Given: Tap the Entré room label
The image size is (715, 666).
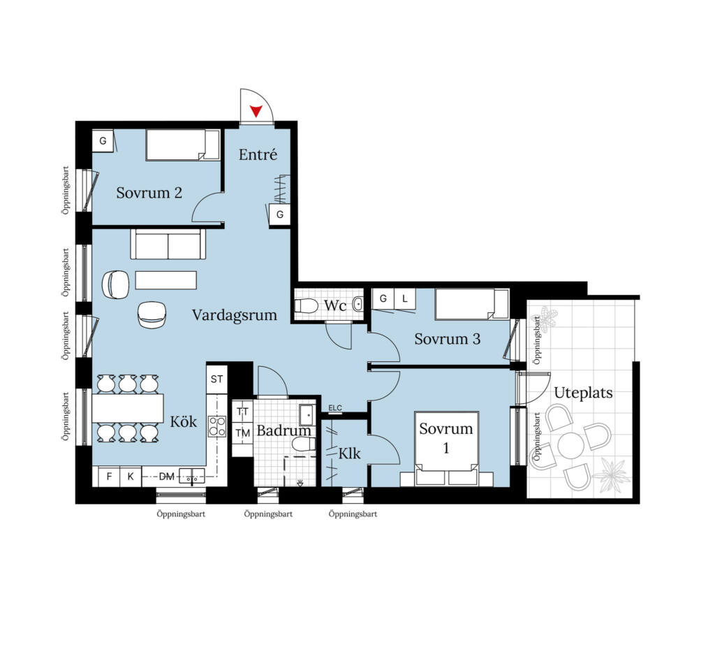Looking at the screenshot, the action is [258, 154].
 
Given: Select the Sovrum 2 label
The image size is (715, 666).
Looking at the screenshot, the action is [149, 193].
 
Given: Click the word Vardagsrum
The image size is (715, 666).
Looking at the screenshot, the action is [235, 315].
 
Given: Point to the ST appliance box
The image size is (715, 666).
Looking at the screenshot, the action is [216, 379].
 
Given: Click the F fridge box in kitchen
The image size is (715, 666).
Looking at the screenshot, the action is [109, 477].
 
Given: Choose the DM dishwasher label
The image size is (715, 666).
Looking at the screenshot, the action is [166, 477].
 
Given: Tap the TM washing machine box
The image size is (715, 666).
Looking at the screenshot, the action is [242, 433].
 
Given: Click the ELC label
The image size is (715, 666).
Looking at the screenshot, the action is [335, 408].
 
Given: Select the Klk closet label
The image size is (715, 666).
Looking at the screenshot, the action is [349, 454].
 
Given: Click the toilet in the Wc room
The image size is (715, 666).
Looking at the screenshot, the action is [307, 305].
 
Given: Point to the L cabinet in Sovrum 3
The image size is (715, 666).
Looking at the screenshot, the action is [404, 298].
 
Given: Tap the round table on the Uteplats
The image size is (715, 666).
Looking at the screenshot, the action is [570, 445].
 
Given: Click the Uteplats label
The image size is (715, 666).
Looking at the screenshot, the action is [583, 393].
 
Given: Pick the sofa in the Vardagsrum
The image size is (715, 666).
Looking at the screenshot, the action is [168, 244].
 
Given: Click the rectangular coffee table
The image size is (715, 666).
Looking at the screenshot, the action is [166, 280].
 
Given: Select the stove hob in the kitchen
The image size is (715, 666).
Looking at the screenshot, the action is [217, 426].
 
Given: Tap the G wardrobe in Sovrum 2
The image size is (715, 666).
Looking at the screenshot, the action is [103, 141].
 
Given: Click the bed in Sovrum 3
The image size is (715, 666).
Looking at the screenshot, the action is [472, 304].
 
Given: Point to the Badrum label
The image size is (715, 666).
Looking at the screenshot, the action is [283, 430].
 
